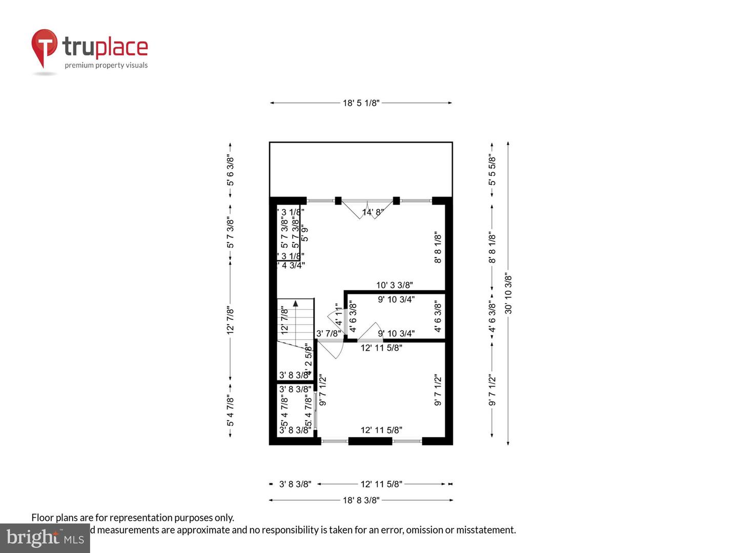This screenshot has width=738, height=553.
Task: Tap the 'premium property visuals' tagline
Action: point(106,65)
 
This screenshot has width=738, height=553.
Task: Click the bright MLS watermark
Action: point(45,538)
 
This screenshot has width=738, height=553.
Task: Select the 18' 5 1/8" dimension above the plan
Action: point(361,103)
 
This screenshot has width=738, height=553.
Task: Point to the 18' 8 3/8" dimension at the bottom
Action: point(361,500)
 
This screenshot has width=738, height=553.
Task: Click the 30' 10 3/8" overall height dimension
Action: point(508,293)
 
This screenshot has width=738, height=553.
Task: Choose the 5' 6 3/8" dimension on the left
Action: point(230,171)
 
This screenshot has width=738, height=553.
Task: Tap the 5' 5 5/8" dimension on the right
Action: point(492,170)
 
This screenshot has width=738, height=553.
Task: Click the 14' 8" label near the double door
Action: point(373,212)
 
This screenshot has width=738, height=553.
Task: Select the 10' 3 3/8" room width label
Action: point(394,285)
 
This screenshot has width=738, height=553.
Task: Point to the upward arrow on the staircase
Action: point(296,304)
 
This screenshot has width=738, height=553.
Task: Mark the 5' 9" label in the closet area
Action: point(305,233)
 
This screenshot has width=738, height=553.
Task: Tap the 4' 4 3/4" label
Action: point(291,265)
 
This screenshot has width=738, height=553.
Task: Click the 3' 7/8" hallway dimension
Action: point(328,333)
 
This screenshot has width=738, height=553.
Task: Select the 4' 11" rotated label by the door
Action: point(338,315)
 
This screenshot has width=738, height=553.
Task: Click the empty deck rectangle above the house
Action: point(361,169)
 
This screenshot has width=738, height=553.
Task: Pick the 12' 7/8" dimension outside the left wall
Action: point(230,321)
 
